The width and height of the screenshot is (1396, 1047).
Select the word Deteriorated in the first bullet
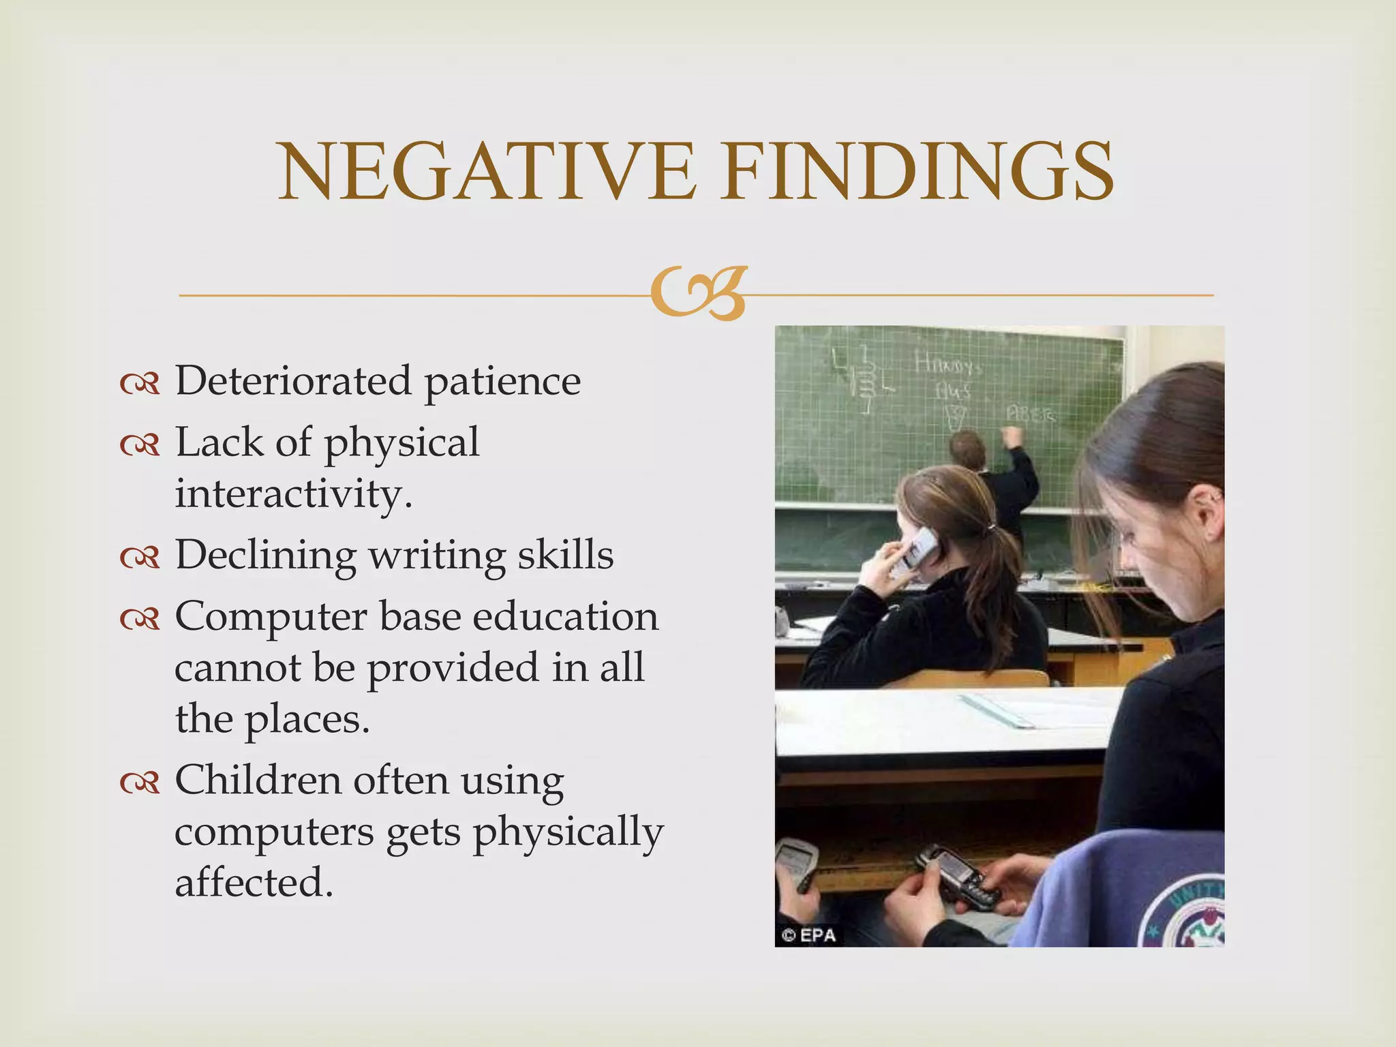(x=293, y=380)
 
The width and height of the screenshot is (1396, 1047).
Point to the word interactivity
(x=293, y=494)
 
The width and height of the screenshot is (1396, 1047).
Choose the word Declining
(x=265, y=555)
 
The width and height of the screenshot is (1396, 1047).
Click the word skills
(x=566, y=553)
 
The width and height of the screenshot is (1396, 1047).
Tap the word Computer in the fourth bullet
(x=271, y=618)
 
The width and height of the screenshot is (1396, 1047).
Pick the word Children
(x=258, y=780)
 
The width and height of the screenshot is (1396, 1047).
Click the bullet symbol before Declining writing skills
(x=140, y=558)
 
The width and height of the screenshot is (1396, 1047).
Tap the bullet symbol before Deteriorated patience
(x=140, y=383)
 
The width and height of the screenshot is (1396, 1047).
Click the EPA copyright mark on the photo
(x=809, y=935)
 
